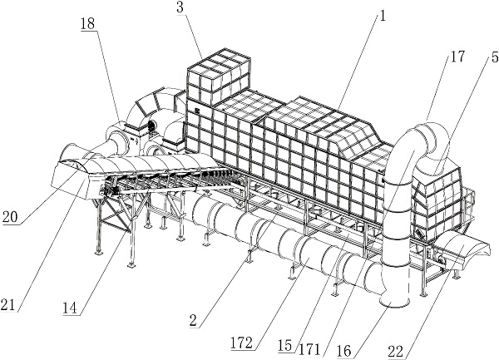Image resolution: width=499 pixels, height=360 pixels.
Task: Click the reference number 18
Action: (x=88, y=24)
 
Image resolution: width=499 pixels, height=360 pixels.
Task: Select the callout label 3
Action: (x=180, y=7)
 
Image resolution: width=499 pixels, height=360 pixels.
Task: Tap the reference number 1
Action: (x=383, y=16)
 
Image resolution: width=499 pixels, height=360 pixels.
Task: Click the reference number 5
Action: (x=494, y=57)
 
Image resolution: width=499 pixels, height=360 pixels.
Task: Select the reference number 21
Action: (x=8, y=305)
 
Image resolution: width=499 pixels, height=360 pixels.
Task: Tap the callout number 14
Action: (x=69, y=308)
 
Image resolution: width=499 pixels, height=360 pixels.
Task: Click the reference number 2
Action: (x=193, y=321)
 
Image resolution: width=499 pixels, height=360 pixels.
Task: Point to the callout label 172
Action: (x=243, y=343)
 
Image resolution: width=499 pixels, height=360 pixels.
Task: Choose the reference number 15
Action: (x=284, y=345)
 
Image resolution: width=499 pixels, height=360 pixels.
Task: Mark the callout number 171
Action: (x=309, y=350)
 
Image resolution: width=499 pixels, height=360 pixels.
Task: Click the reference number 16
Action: (x=344, y=351)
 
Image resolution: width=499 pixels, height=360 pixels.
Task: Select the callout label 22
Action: (x=396, y=352)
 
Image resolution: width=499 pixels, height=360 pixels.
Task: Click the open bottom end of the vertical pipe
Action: (x=394, y=301)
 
